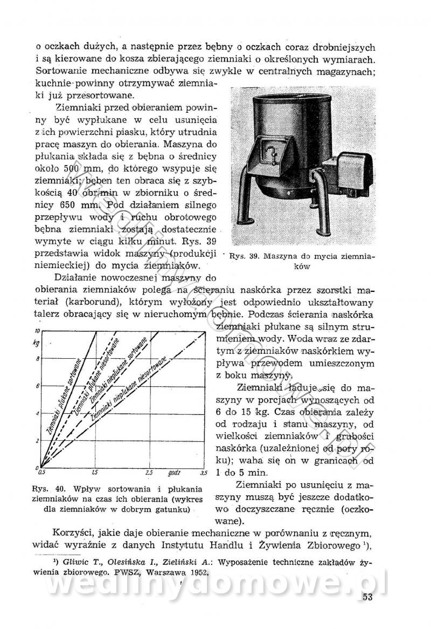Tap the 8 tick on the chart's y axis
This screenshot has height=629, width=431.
click(37, 358)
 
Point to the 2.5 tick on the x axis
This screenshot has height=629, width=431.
click(149, 473)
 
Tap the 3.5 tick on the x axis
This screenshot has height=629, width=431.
click(204, 473)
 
